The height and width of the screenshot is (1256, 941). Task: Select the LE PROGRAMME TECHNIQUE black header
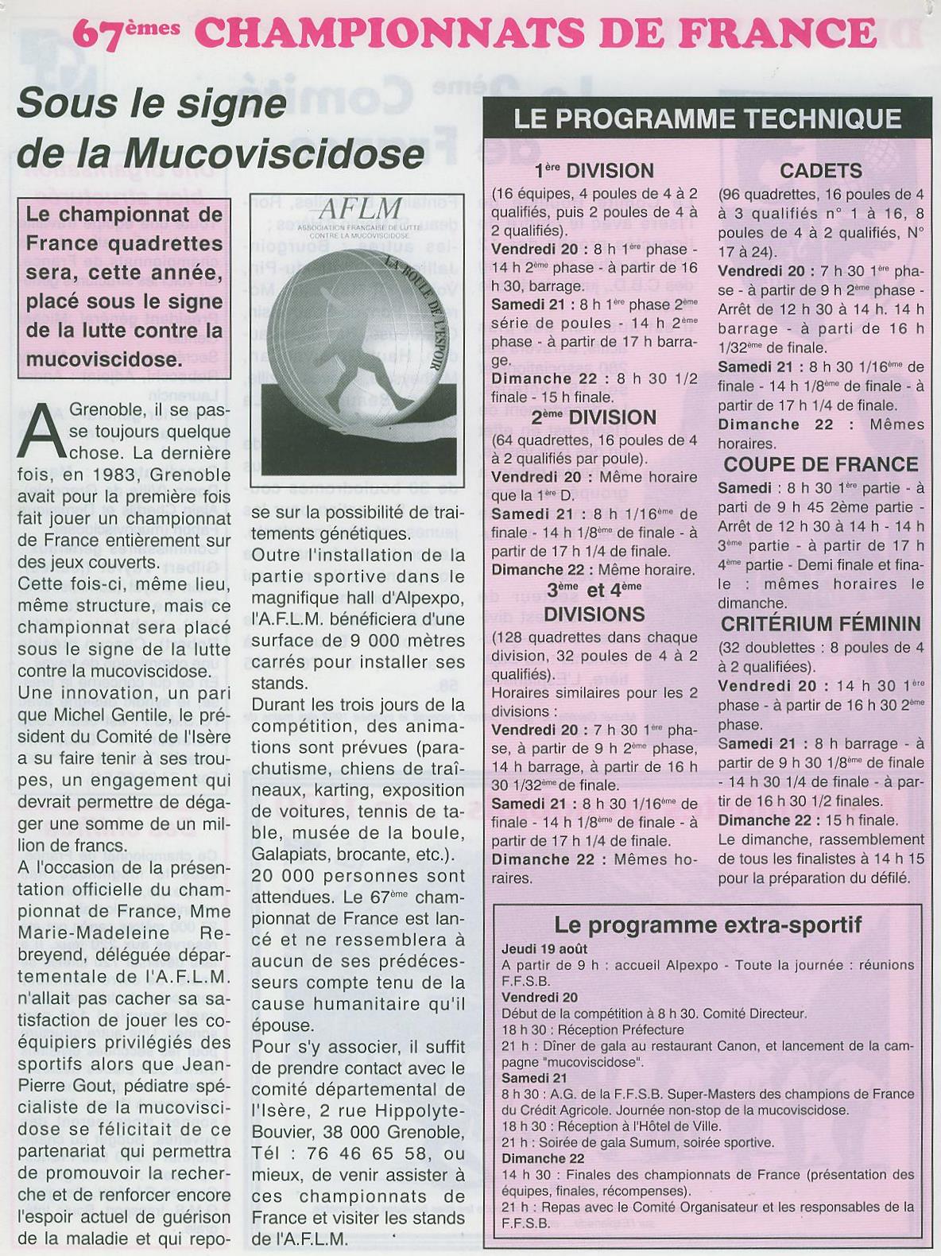[707, 119]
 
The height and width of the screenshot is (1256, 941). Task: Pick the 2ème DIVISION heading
[594, 417]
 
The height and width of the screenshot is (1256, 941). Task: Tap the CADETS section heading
[821, 171]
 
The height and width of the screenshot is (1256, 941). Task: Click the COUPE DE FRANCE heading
[821, 464]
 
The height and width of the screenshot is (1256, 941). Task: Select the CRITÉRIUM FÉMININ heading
[821, 624]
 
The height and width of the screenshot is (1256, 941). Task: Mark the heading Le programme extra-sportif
[707, 925]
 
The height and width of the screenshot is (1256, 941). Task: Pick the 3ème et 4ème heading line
[594, 589]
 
